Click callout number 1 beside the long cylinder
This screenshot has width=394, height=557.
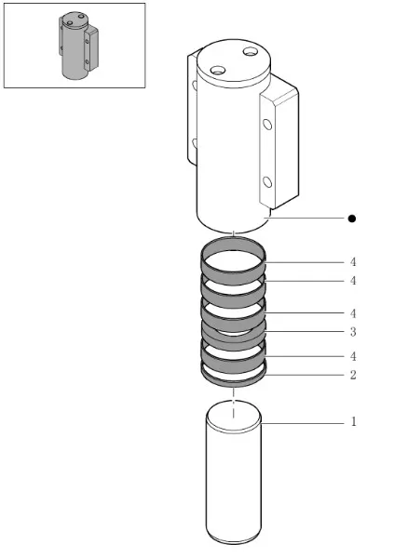[x=353, y=421]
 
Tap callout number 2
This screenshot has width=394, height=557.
[x=353, y=375]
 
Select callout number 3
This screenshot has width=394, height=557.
[x=353, y=332]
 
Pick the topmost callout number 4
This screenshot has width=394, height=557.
[x=353, y=262]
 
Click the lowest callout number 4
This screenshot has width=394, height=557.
[x=353, y=356]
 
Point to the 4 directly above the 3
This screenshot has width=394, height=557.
[x=353, y=313]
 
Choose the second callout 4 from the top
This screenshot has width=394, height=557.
[x=353, y=281]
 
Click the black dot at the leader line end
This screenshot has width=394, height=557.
[x=352, y=219]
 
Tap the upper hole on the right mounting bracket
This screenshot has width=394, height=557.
[x=267, y=124]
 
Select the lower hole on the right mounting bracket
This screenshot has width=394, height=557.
[x=267, y=182]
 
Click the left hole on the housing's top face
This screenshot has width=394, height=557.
[x=217, y=70]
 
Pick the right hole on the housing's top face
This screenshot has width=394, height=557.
[x=251, y=52]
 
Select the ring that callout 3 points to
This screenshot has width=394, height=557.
[x=233, y=338]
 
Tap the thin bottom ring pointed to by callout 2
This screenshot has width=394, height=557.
[x=233, y=382]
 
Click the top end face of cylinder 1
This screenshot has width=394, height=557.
[x=234, y=416]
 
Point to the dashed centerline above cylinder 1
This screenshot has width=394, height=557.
[x=234, y=404]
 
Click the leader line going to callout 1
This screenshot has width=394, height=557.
[x=303, y=423]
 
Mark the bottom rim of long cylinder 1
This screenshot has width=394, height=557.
[x=234, y=542]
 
